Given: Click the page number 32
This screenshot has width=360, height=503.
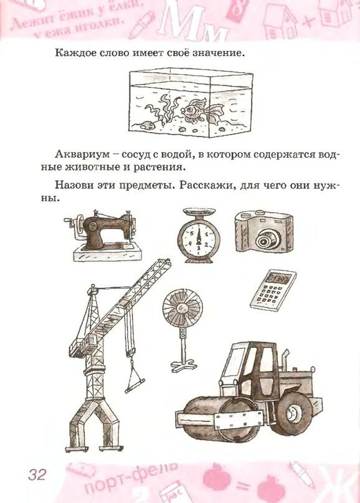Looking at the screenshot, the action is tap(37, 474).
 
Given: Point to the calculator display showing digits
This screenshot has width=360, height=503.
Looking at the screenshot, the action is tap(278, 278).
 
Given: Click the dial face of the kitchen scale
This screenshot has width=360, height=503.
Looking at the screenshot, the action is tap(199, 240).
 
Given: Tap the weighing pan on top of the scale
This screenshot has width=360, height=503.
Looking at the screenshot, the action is tap(199, 212).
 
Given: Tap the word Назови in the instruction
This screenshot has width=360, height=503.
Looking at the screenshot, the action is tap(74, 186).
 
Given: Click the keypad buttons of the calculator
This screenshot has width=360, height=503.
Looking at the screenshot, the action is tap(268, 294).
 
